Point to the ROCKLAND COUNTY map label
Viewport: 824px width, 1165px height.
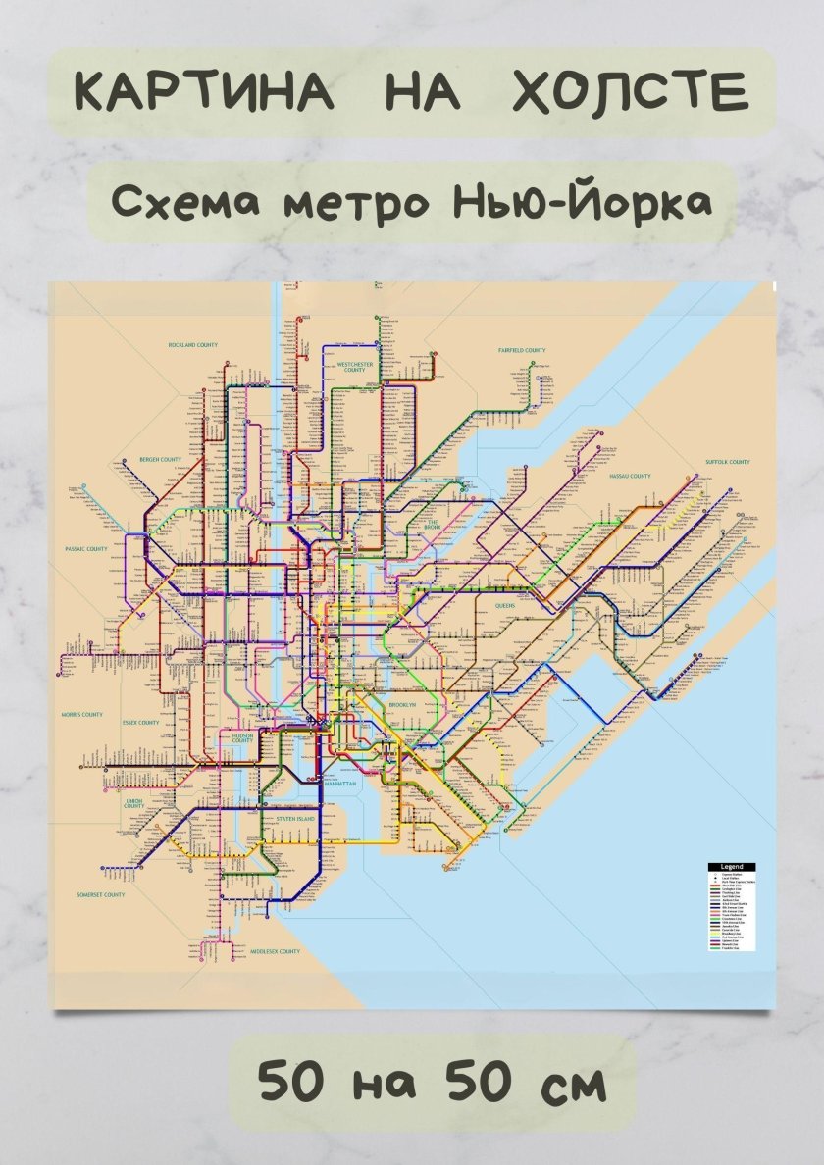192,345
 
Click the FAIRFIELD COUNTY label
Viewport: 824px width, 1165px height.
521,350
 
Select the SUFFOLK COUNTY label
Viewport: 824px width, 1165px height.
727,462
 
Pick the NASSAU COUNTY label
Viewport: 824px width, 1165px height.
630,476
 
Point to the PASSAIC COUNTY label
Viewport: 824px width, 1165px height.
86,549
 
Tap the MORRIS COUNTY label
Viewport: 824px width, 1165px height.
81,714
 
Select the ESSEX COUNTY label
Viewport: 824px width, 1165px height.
140,723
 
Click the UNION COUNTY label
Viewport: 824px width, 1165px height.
134,803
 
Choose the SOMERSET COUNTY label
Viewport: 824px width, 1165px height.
101,894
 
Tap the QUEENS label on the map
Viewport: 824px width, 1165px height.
505,606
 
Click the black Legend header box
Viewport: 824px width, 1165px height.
732,867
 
